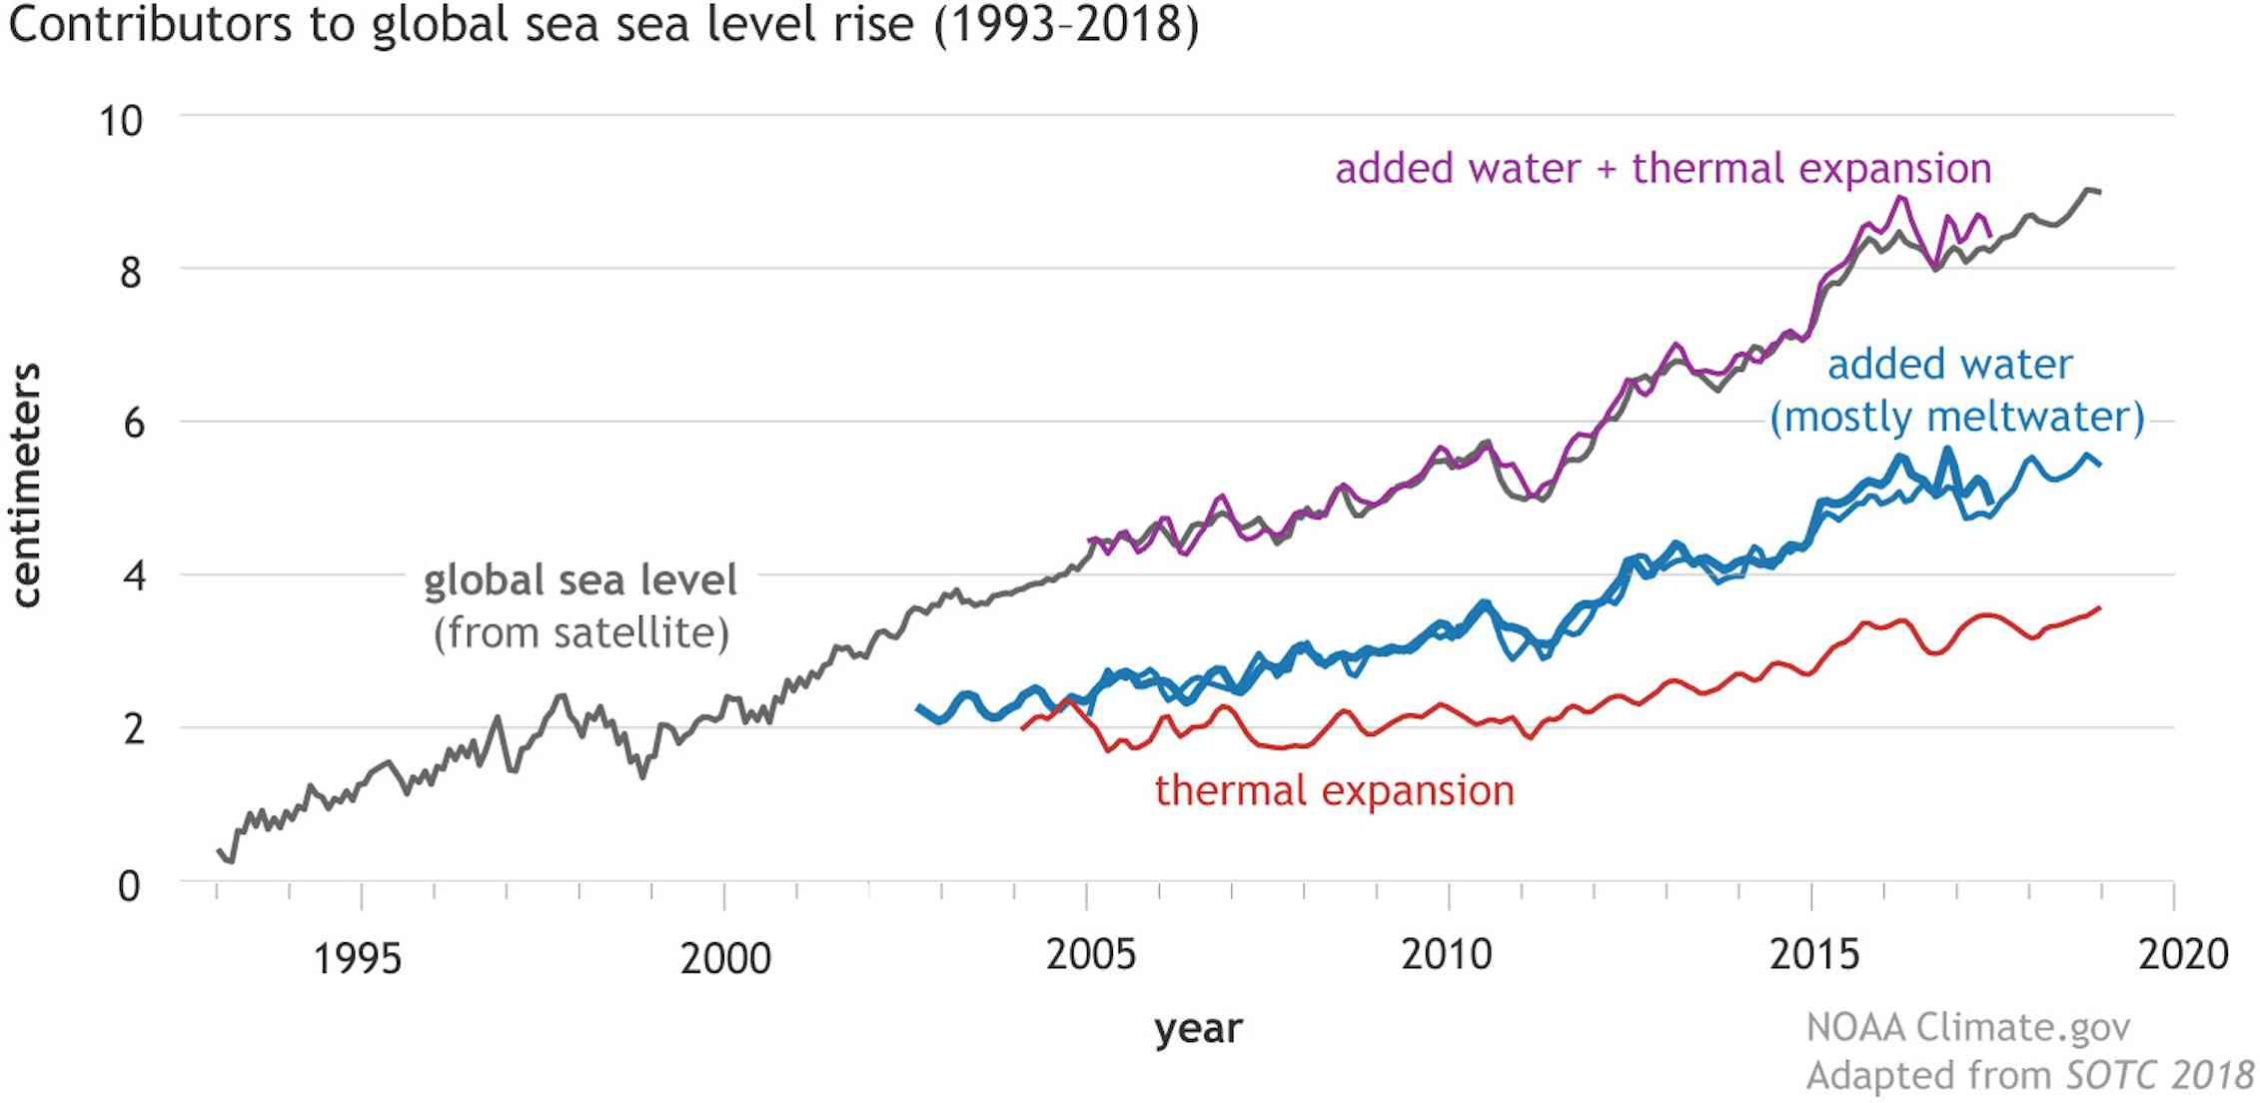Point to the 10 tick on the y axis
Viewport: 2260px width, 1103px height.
pos(121,121)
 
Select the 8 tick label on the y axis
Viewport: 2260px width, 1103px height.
pos(131,273)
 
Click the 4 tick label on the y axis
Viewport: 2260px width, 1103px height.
pos(133,576)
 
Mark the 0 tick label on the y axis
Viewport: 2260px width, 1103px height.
pos(130,886)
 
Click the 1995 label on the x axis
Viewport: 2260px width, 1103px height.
pos(357,958)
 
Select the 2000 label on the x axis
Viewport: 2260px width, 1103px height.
pos(725,958)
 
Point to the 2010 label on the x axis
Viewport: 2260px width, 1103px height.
pos(1446,955)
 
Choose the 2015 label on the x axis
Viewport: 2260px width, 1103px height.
pos(1814,955)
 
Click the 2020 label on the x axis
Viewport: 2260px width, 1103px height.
pos(2183,955)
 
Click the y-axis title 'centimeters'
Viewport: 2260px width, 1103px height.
pos(27,485)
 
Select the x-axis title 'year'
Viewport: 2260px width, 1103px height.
pos(1198,1028)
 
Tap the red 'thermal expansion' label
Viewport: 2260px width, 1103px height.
pos(1335,791)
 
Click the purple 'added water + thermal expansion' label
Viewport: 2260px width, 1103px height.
pos(1664,169)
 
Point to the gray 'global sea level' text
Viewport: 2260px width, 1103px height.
pos(580,581)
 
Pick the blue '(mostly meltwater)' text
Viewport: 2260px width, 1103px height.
pos(1956,417)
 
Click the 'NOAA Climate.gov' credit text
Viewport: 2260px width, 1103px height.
pos(1968,1027)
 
